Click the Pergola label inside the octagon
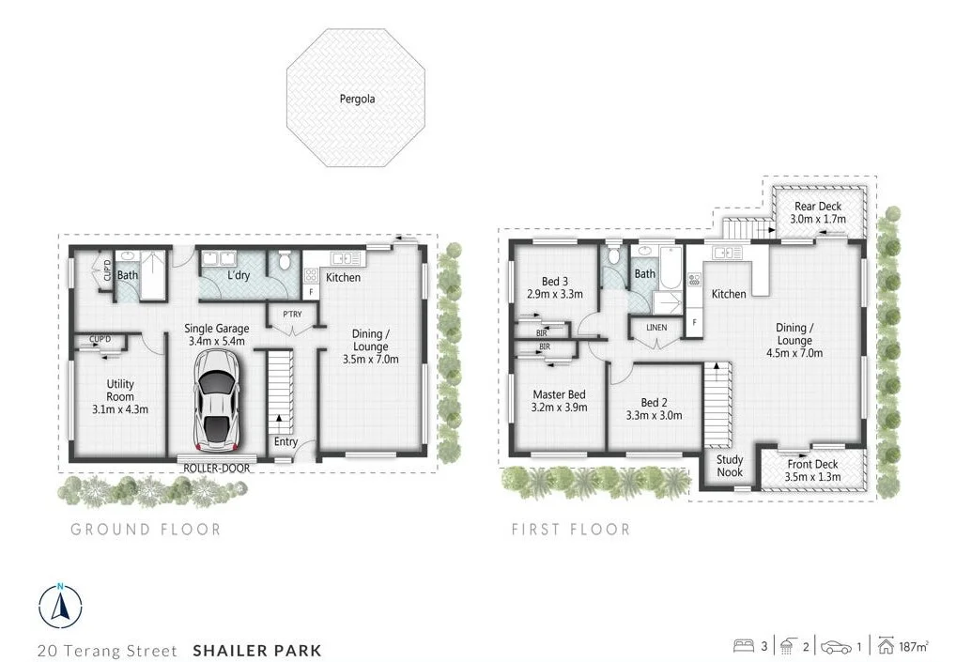point(356,98)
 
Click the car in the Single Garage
point(217,401)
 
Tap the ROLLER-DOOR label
point(216,467)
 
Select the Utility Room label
point(120,389)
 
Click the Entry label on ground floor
point(285,442)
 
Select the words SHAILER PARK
point(256,650)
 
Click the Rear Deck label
point(817,207)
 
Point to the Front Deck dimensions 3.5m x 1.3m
point(812,477)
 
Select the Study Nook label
point(730,466)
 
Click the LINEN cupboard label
point(656,326)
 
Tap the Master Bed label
point(559,394)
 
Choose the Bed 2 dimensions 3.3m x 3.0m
point(655,414)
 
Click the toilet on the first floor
point(614,254)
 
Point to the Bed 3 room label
point(555,281)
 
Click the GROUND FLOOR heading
point(146,530)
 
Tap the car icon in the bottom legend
point(836,647)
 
